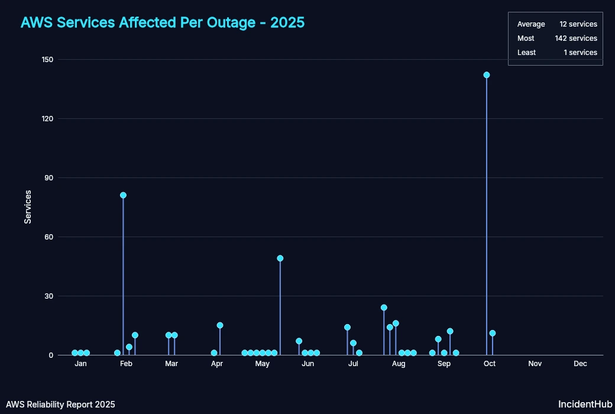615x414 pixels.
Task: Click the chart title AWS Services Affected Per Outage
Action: pos(163,22)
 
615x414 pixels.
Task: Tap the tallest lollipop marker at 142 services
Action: pos(487,75)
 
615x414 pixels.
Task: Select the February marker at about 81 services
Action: pos(123,195)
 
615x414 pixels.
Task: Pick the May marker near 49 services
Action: pos(280,258)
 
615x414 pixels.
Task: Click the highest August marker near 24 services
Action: pos(384,308)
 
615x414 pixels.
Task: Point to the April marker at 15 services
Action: pos(220,325)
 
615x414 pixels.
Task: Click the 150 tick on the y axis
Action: pos(47,60)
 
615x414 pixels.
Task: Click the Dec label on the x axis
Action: pos(580,364)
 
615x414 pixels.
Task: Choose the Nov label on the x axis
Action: pos(535,364)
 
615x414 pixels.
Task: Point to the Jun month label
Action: pos(307,364)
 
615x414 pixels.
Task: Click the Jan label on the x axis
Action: pos(81,364)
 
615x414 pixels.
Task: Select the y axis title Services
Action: pos(28,207)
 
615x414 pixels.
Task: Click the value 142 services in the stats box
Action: pos(575,38)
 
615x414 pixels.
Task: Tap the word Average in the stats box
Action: pos(531,24)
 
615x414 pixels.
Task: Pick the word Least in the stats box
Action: pos(526,53)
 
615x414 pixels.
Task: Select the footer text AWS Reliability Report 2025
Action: pos(61,405)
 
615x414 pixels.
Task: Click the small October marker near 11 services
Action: pos(493,334)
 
